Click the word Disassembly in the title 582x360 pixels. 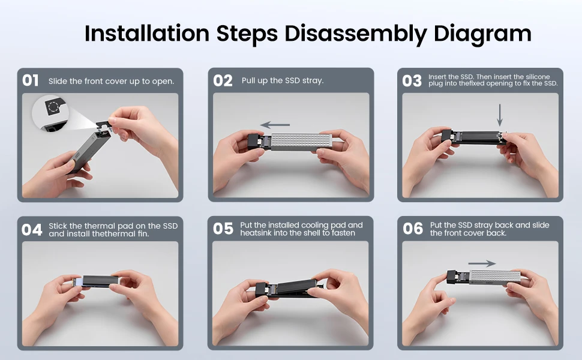tap(356, 34)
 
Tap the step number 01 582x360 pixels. tap(31, 80)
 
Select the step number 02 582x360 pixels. tap(223, 80)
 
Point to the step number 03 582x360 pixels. tap(412, 80)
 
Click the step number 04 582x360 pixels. tap(32, 230)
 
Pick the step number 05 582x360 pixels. tap(223, 229)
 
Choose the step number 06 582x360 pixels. tap(413, 229)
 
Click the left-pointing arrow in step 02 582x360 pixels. tap(275, 125)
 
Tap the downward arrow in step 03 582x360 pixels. tap(500, 115)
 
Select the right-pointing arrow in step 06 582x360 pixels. tap(482, 263)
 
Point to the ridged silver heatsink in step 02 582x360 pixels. tap(301, 142)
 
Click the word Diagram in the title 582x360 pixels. tap(482, 34)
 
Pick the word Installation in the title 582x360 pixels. tap(147, 33)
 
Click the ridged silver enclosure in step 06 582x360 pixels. tap(495, 277)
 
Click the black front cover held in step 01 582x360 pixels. tap(101, 125)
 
